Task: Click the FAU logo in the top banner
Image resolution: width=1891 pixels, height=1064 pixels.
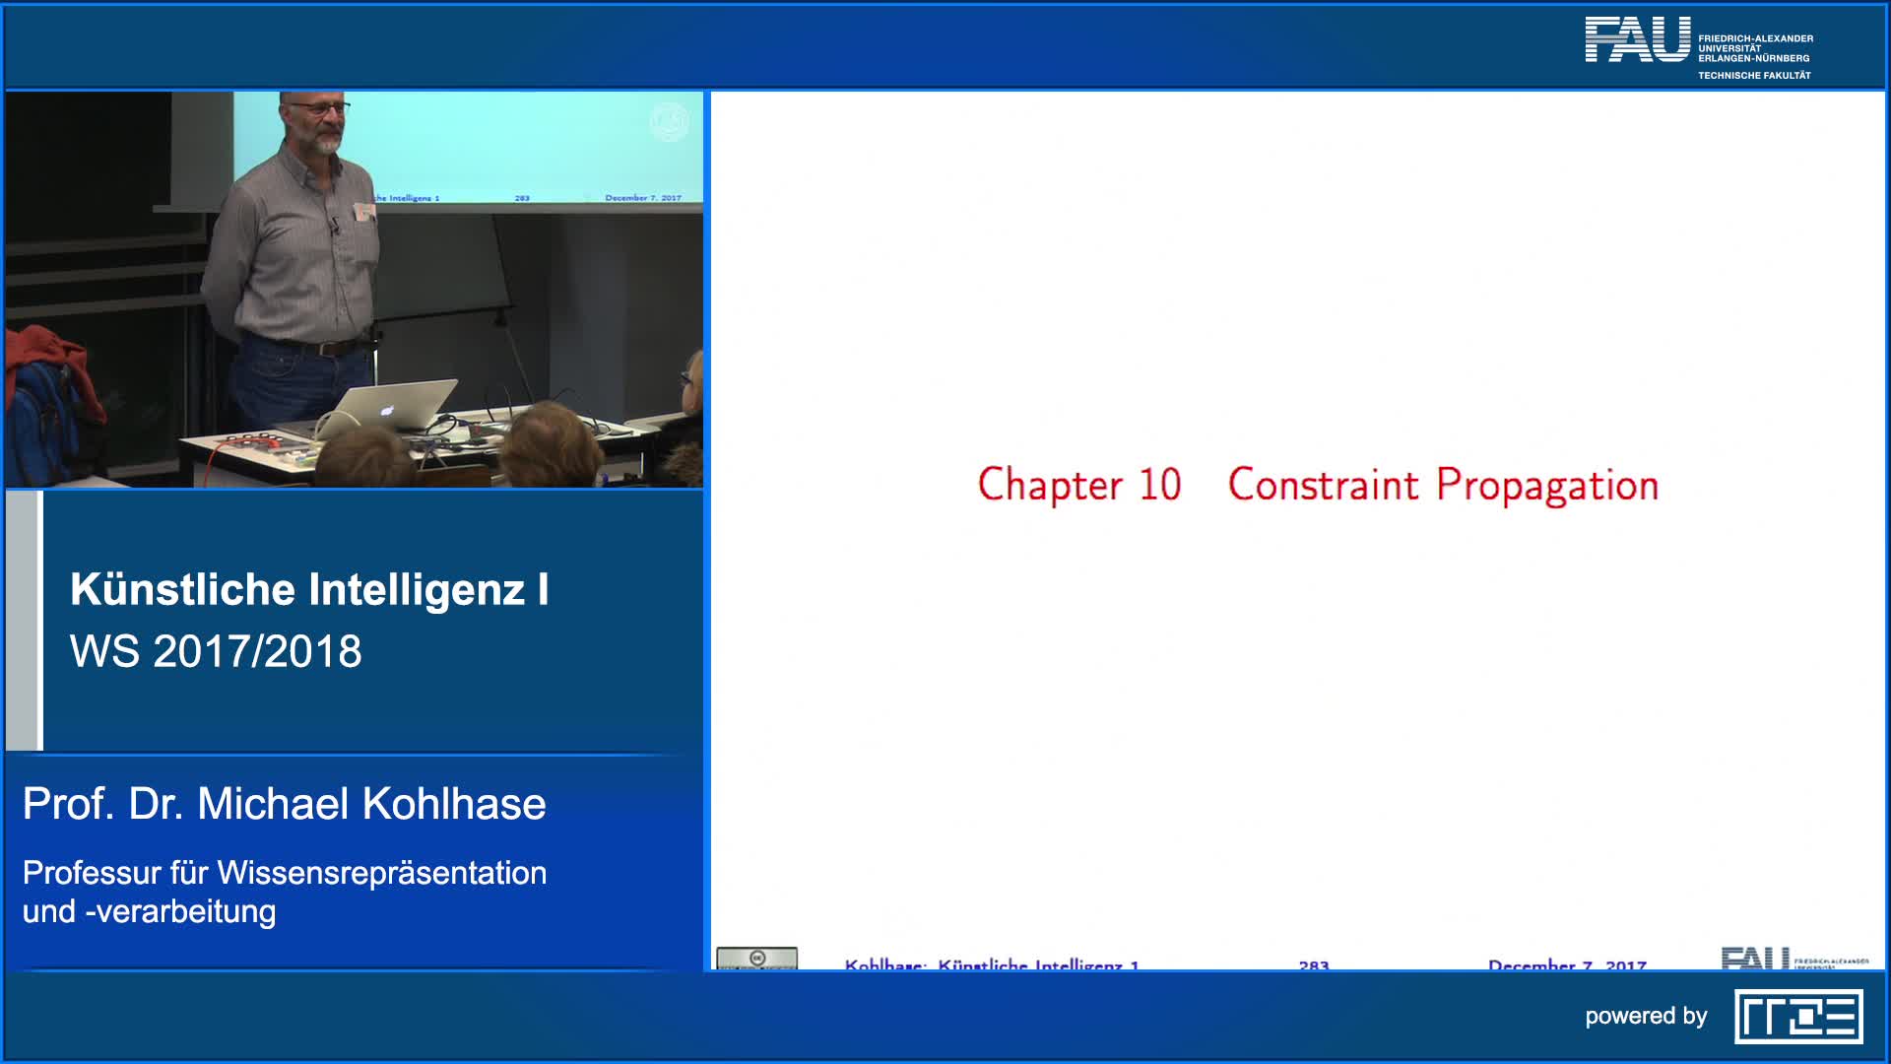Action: coord(1637,40)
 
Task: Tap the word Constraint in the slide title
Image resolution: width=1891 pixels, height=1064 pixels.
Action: coord(1323,485)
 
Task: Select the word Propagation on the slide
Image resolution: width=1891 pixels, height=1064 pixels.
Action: coord(1547,486)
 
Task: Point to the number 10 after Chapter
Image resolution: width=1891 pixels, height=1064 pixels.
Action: coord(1159,485)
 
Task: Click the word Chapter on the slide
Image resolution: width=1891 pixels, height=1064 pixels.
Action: coord(1050,485)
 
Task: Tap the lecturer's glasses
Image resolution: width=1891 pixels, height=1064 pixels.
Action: coord(320,108)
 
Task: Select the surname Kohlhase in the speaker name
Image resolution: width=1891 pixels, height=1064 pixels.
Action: coord(454,804)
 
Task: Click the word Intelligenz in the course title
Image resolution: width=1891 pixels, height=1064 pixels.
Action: coord(417,589)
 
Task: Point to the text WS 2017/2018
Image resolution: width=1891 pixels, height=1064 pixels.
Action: coord(216,651)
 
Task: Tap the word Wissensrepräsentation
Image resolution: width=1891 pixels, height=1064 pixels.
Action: coord(382,873)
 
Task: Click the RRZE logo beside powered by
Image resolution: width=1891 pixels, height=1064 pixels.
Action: coord(1798,1017)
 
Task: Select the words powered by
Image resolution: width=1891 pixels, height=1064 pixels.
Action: coord(1646,1017)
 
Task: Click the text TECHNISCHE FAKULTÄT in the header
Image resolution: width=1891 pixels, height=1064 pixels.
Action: coord(1754,76)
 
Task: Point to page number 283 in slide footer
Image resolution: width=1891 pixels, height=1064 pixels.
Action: coord(1314,964)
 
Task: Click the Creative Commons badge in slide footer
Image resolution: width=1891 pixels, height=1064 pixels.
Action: coord(756,959)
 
